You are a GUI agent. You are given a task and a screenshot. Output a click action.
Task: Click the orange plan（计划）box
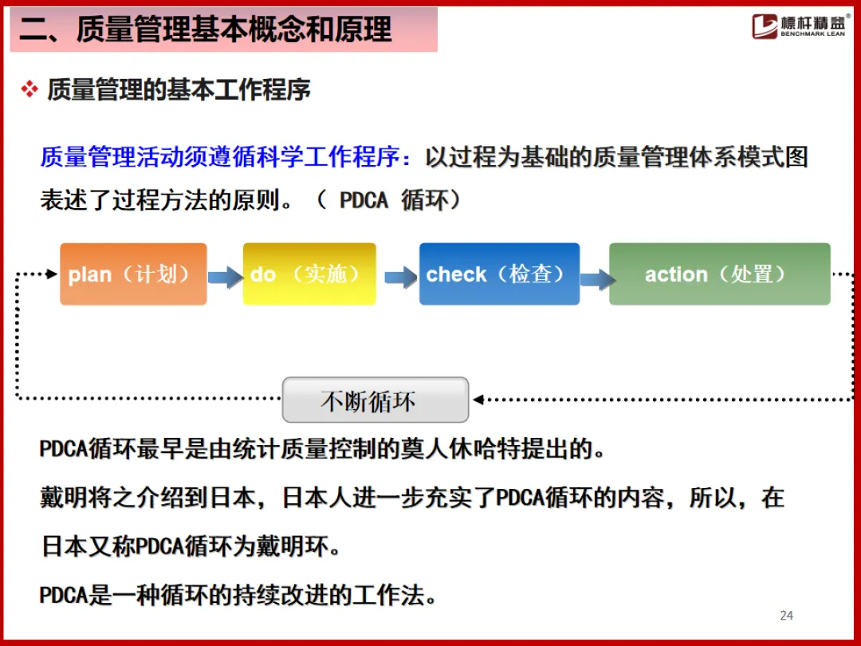coord(133,274)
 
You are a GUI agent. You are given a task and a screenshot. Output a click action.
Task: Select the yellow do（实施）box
coord(309,274)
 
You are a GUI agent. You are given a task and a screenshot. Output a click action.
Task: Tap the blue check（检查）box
coord(499,274)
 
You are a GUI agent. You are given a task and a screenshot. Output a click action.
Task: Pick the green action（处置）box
coord(719,274)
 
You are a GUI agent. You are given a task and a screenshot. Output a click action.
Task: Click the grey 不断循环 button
coord(375,400)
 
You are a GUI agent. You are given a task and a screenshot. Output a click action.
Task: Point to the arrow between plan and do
coord(225,277)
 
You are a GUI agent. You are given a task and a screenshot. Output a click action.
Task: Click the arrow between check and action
coord(596,279)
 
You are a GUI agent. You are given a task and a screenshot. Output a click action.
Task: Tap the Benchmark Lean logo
coord(800,26)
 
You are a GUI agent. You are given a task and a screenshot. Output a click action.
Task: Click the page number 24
coord(786,615)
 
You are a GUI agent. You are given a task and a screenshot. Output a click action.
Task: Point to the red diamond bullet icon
coord(29,89)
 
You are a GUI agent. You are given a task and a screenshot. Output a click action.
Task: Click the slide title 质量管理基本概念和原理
coord(206,30)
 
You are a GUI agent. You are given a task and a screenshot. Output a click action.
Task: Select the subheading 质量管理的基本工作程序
coord(179,89)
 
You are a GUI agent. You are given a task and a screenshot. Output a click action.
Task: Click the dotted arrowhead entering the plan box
coord(52,274)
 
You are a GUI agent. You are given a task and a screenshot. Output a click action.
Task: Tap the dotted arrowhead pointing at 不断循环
coord(477,399)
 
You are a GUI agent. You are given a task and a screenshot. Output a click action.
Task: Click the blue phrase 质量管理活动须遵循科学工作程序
coord(218,157)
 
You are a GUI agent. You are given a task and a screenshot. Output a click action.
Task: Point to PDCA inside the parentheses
coord(364,200)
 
